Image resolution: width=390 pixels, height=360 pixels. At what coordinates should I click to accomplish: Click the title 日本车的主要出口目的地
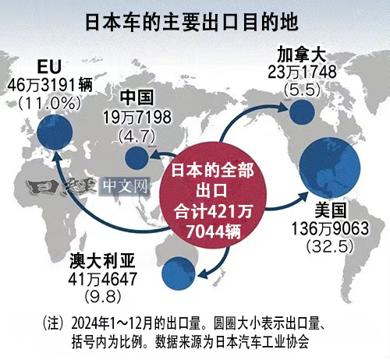click(195, 20)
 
